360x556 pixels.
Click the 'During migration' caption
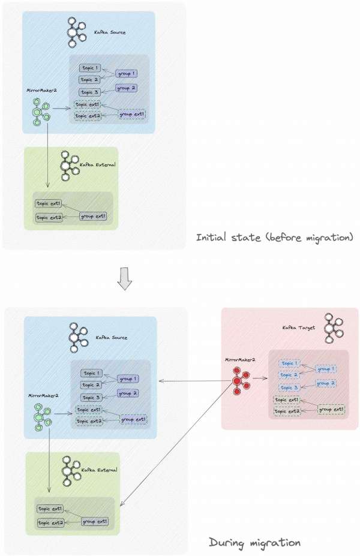click(254, 543)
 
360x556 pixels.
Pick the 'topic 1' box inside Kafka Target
click(288, 363)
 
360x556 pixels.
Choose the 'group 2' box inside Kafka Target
click(326, 383)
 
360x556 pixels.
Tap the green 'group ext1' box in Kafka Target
click(331, 409)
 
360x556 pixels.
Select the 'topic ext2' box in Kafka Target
click(286, 411)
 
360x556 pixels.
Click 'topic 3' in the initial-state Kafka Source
click(89, 92)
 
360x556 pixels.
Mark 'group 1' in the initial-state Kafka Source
click(126, 74)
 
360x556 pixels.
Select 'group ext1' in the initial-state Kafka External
click(93, 216)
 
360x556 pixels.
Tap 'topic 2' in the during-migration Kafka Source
click(91, 385)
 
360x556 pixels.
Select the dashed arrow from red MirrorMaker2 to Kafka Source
click(192, 381)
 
